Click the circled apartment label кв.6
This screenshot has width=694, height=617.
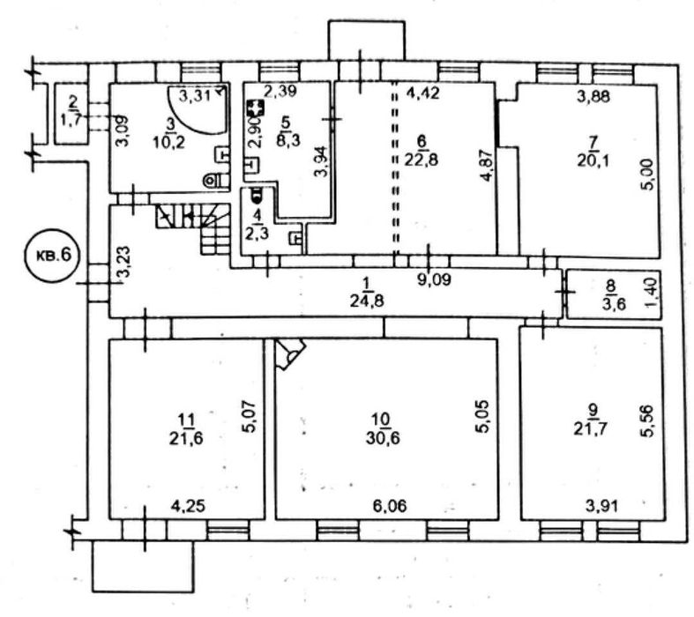[53, 256]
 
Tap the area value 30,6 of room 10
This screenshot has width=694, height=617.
[383, 438]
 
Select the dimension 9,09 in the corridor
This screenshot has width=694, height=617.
[435, 279]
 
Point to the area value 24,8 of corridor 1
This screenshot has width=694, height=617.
[367, 301]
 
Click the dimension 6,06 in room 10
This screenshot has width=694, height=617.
[390, 505]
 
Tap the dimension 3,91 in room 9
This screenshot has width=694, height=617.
[601, 505]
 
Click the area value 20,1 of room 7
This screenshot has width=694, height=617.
[593, 160]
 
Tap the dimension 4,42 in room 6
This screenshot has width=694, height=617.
[423, 93]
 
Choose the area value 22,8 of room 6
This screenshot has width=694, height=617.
[422, 159]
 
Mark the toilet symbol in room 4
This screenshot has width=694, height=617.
[256, 195]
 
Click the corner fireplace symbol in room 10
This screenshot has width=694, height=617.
[289, 353]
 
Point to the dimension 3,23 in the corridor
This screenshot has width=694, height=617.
[125, 262]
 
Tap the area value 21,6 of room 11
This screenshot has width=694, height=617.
[186, 438]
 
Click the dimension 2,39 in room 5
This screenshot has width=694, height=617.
[280, 91]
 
